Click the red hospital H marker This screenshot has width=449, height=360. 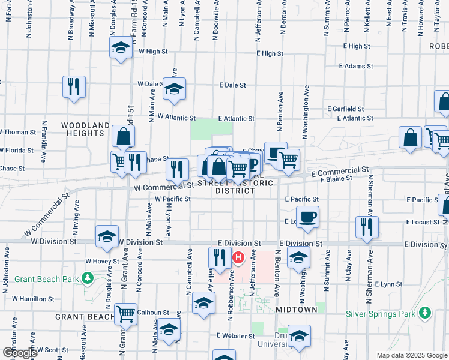click(x=238, y=259)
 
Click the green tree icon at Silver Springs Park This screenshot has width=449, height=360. click(x=425, y=313)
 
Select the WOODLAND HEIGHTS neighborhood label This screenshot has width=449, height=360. click(x=86, y=130)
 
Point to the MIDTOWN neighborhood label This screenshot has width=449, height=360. click(x=296, y=309)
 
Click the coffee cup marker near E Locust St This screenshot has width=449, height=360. click(x=307, y=217)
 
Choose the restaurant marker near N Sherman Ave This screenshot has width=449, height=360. click(x=366, y=227)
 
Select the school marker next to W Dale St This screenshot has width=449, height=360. click(x=174, y=89)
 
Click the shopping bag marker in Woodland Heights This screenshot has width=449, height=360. click(x=122, y=137)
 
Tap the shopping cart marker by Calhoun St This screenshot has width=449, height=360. click(x=125, y=313)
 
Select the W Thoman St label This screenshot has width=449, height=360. click(x=18, y=132)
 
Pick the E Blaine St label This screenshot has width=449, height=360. click(x=336, y=179)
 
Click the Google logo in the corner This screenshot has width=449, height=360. click(x=19, y=353)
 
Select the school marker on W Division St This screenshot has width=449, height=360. click(x=106, y=236)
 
